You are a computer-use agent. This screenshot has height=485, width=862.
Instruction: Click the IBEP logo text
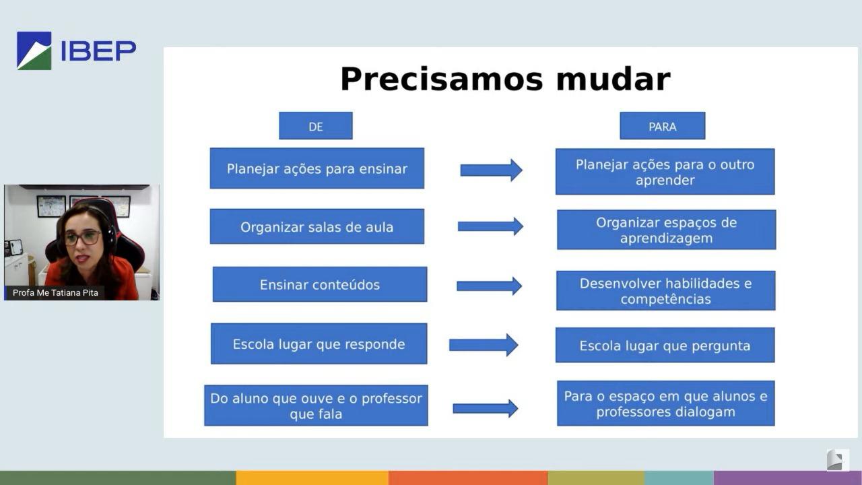(98, 51)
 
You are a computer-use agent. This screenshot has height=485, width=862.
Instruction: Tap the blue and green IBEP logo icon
(34, 51)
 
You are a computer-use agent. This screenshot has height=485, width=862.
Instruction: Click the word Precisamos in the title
(441, 79)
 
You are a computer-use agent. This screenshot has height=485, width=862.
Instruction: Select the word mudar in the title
(614, 79)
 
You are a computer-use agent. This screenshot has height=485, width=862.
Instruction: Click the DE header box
(316, 126)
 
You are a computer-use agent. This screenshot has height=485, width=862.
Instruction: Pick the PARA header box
(662, 126)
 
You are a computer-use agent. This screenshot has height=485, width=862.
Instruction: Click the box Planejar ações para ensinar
(317, 168)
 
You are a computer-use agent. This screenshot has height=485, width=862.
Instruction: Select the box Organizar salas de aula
(317, 226)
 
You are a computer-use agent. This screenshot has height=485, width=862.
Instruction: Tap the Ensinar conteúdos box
(320, 284)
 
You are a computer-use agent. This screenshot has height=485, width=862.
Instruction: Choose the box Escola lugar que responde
(319, 344)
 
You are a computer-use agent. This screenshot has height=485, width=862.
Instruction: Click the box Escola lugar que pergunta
(665, 345)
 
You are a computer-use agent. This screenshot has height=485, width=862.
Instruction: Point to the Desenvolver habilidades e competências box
(666, 290)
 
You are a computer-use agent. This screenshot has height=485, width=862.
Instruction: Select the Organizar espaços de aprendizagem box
(667, 230)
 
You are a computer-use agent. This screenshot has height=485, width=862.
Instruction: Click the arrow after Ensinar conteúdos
(489, 286)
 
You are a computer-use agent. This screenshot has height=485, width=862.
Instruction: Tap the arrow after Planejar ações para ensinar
(492, 170)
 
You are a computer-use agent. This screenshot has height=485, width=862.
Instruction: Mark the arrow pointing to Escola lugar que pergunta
(484, 345)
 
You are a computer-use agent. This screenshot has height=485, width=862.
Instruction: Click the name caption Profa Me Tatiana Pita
(55, 292)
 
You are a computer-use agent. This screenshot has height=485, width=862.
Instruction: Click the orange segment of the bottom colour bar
(468, 478)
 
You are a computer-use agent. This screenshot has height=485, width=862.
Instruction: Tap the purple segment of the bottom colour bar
(788, 478)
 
